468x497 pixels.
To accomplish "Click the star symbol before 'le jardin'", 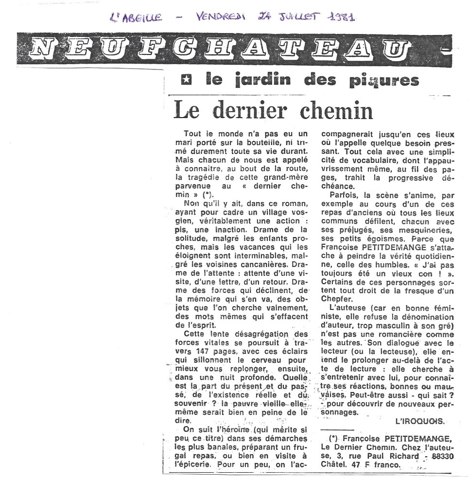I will [x=185, y=81].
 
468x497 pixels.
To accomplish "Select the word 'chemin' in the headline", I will [x=332, y=111].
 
